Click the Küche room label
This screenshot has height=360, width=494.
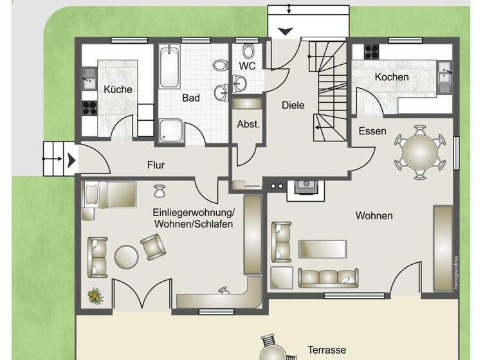[118, 89]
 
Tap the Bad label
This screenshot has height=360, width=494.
[191, 98]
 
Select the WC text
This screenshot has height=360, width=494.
[248, 66]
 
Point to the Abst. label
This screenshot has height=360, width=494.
[248, 124]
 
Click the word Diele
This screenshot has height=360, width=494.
[293, 105]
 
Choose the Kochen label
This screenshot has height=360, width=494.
[392, 77]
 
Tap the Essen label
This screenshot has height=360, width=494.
[373, 131]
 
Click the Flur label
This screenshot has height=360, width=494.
[156, 165]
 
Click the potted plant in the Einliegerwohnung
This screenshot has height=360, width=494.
[95, 296]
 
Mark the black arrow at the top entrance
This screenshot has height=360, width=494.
[285, 31]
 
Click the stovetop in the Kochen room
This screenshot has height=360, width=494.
[372, 51]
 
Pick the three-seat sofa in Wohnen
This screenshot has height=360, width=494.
[328, 278]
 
